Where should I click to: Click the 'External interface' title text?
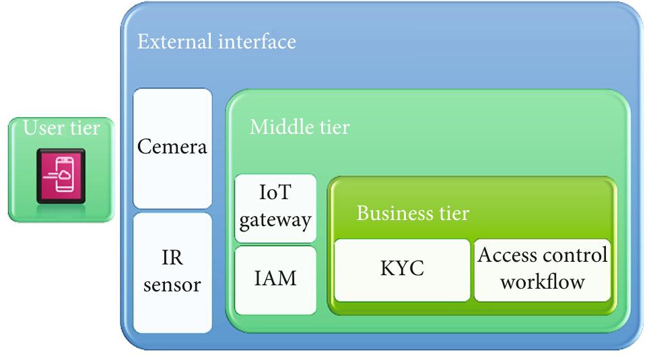(x=216, y=42)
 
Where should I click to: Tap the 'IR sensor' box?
(x=172, y=272)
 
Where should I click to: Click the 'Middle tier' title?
(x=299, y=127)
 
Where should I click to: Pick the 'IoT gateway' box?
(x=275, y=208)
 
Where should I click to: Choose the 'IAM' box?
(x=275, y=279)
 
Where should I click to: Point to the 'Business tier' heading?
(x=412, y=213)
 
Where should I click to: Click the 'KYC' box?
(x=402, y=270)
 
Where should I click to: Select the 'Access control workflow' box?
(x=542, y=269)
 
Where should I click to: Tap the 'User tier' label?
(x=62, y=127)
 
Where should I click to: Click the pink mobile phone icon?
(x=61, y=173)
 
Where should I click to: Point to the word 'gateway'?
(x=275, y=219)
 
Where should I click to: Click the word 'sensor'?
(x=172, y=284)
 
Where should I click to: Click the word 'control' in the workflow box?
(x=574, y=256)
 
